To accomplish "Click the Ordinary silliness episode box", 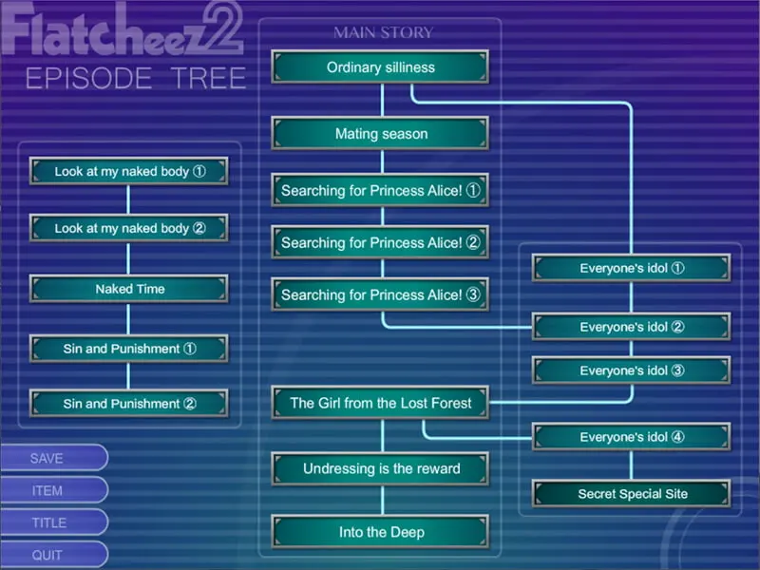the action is click(x=381, y=66).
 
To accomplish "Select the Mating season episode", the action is click(x=381, y=133).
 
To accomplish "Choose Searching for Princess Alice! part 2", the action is click(x=381, y=242).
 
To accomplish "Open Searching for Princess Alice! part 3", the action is click(x=381, y=294).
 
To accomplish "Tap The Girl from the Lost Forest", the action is click(x=381, y=403).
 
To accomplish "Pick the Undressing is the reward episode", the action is click(x=381, y=468).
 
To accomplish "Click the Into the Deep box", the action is click(x=381, y=532).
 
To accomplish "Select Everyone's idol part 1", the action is click(x=631, y=268).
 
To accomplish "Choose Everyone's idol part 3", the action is click(x=631, y=370).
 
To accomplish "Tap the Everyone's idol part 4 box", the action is click(x=631, y=437).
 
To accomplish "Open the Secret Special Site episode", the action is click(x=631, y=494).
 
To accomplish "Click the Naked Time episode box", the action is click(x=129, y=289).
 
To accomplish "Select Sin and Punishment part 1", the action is click(x=129, y=349).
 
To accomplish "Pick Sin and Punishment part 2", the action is click(x=129, y=403).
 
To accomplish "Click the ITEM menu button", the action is click(x=53, y=490).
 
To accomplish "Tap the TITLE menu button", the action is click(x=53, y=522).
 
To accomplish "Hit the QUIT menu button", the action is click(x=53, y=555).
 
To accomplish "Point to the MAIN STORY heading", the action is click(x=383, y=32).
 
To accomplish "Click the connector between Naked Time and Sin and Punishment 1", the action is click(x=128, y=319).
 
